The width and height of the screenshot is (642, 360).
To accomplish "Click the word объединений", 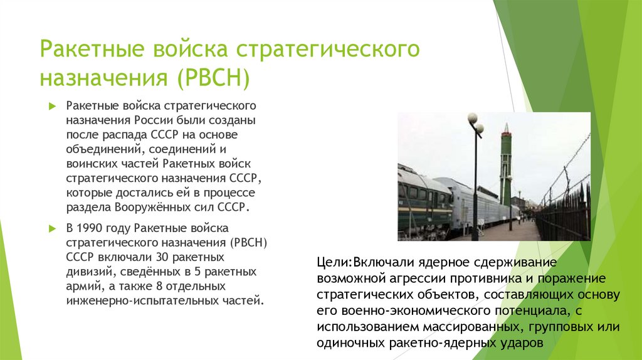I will [97, 149].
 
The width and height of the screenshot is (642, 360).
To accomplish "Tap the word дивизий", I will [88, 272].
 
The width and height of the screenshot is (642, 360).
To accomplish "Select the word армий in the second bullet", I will [81, 286].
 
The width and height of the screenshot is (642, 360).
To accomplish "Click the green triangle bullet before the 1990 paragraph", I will [53, 226].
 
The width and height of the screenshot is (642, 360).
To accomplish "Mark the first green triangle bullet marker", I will [53, 105].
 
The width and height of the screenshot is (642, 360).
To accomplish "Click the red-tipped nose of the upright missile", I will [505, 129].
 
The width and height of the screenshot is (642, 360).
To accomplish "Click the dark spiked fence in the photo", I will [564, 216].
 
